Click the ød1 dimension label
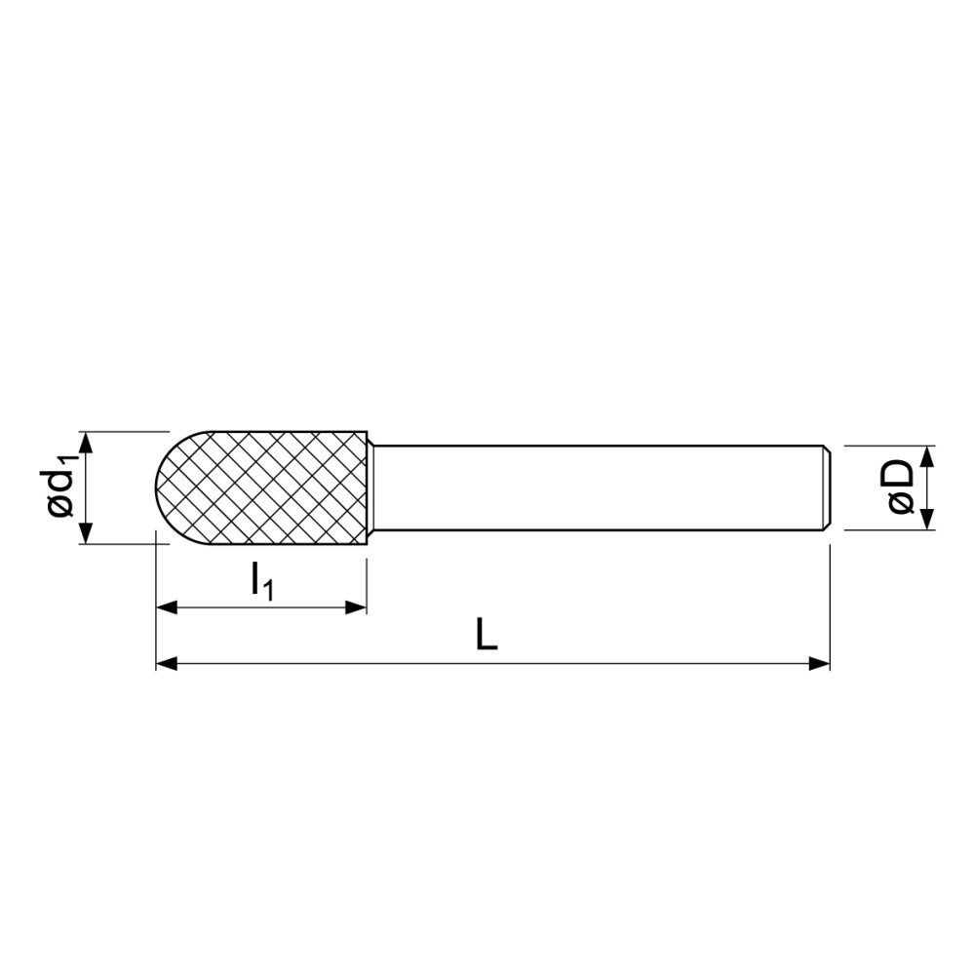(x=61, y=487)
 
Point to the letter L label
(x=487, y=635)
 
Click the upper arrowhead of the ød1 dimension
(x=86, y=442)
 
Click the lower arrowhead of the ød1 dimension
(x=86, y=533)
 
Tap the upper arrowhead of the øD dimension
(x=926, y=456)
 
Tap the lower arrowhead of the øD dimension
(x=926, y=520)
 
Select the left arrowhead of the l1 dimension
(x=167, y=607)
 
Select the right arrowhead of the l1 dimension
(x=356, y=607)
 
